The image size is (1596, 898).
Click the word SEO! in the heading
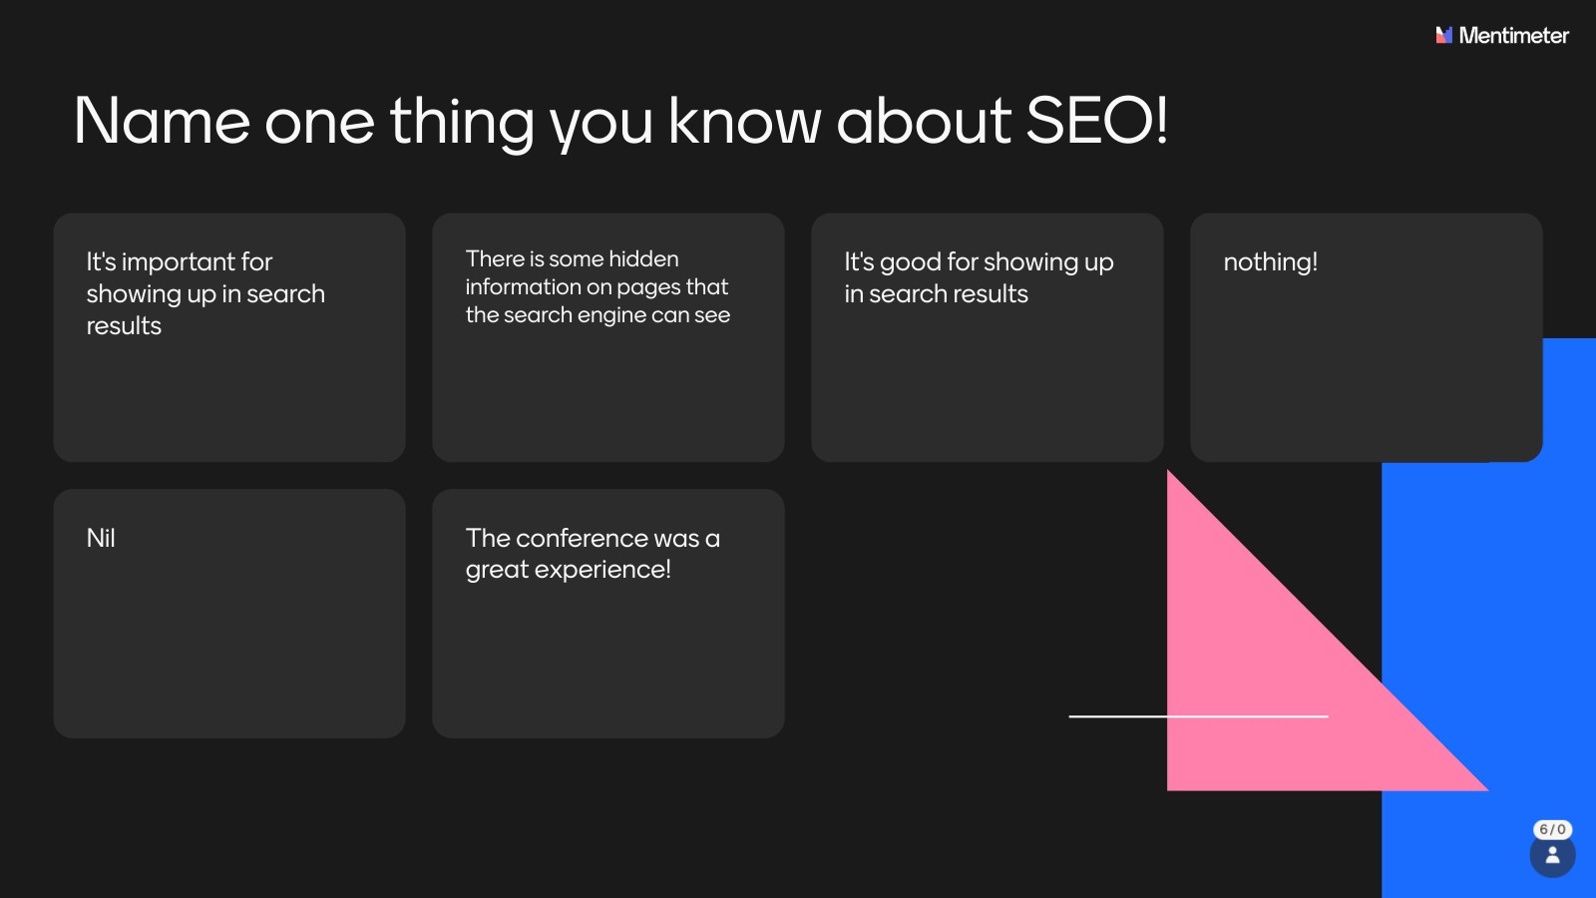coord(1096,121)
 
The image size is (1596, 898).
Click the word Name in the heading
coord(162,121)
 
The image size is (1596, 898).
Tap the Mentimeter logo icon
coord(1443,35)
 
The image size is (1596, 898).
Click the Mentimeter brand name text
coord(1513,35)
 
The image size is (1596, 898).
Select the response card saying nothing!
coord(1366,337)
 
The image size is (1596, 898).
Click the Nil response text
coord(101,538)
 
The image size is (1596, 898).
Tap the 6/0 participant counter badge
coord(1552,829)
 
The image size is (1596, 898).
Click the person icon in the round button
coord(1552,854)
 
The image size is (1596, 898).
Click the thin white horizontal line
coord(1198,716)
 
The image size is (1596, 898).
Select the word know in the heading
coord(744,121)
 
